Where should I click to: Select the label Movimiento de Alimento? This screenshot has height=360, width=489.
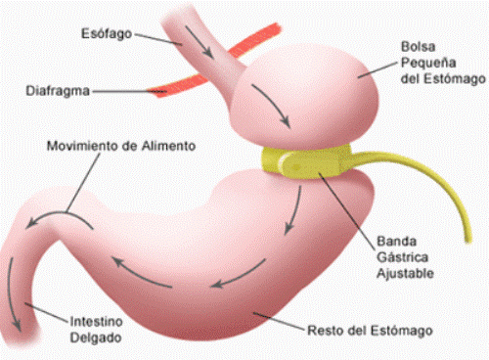(121, 146)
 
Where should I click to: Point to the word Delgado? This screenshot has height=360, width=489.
(96, 337)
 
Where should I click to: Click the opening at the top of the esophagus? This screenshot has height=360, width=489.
(186, 9)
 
